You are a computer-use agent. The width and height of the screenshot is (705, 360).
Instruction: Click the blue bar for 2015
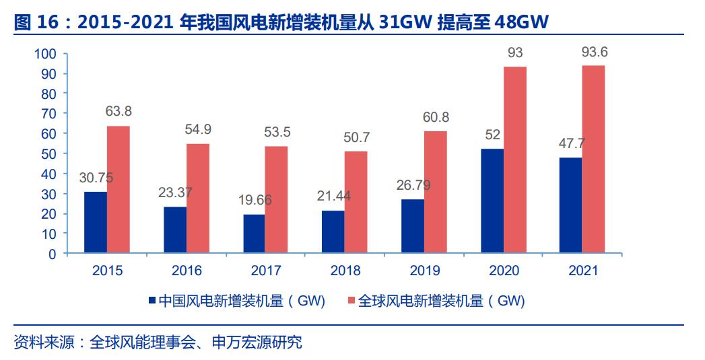96,223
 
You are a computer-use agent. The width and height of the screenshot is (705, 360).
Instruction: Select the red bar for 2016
198,199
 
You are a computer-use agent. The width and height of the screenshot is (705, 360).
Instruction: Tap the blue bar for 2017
254,233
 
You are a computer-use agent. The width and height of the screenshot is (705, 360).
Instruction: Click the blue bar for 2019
413,226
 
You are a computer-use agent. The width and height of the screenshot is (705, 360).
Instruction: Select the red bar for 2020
515,160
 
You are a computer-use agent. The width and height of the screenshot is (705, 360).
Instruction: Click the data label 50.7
356,138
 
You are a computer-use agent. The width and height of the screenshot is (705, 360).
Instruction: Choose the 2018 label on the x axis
345,271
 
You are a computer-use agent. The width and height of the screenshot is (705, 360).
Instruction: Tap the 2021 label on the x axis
583,271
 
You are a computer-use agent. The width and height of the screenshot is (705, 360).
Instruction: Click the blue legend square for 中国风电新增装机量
152,301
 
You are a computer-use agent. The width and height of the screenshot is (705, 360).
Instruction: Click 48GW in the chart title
522,23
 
